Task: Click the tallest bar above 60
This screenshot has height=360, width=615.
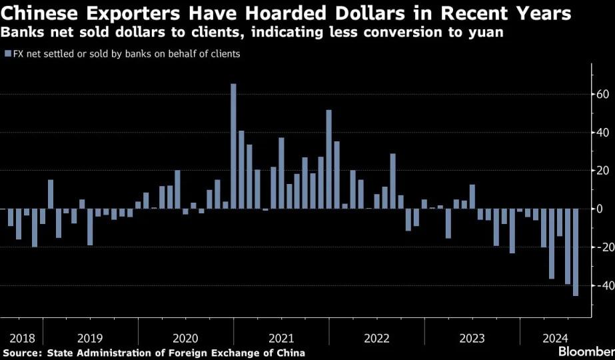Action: click(233, 146)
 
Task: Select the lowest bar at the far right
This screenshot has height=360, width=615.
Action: click(576, 252)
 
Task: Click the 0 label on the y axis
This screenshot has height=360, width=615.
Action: click(599, 209)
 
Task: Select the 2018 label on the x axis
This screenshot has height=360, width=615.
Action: click(23, 338)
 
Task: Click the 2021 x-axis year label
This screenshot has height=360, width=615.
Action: click(281, 338)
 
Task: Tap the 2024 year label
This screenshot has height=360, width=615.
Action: click(555, 338)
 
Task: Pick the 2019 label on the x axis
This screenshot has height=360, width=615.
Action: click(90, 338)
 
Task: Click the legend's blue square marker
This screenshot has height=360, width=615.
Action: click(8, 54)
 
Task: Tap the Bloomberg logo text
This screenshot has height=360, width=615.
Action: click(587, 351)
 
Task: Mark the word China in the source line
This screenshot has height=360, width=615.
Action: click(291, 353)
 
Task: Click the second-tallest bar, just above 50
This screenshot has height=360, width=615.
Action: click(329, 159)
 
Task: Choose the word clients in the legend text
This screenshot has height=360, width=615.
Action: click(224, 54)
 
